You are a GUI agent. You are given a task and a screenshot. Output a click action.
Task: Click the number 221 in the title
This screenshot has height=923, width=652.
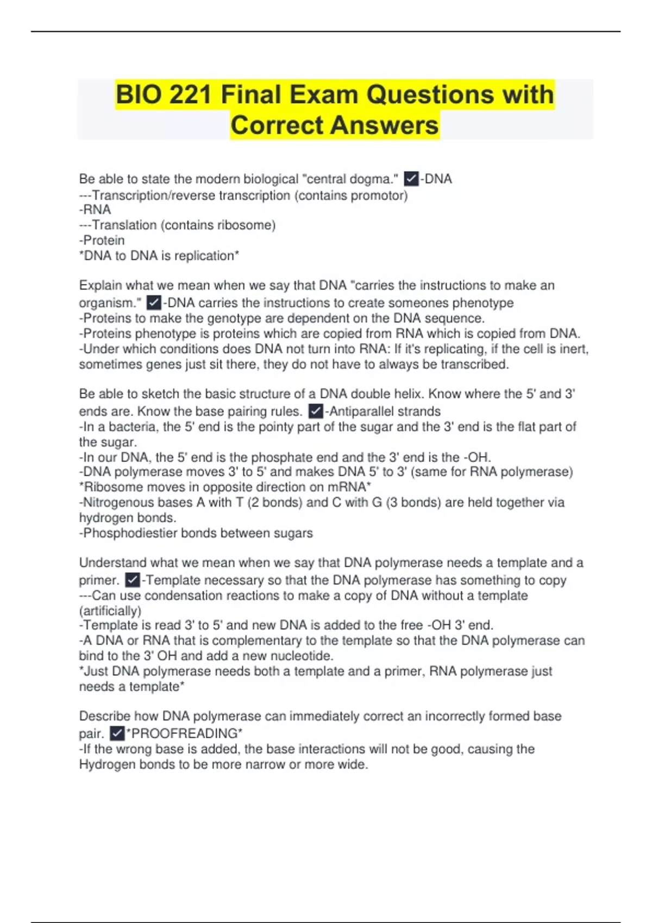click(x=190, y=95)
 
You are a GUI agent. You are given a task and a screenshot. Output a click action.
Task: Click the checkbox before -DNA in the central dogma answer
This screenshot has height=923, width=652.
click(x=411, y=179)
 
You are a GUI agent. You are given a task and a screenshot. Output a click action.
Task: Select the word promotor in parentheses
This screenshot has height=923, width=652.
click(x=378, y=195)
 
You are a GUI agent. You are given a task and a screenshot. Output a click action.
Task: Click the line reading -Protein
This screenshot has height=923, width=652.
click(x=102, y=240)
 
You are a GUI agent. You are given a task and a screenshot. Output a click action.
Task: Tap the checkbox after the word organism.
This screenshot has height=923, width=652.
click(x=154, y=302)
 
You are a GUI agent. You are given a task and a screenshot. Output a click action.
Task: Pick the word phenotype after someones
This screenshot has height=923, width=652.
click(x=483, y=302)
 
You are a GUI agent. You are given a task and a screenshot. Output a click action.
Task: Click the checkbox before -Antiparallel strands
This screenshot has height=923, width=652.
click(x=315, y=411)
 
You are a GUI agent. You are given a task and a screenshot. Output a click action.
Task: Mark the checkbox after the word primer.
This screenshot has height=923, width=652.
click(x=133, y=580)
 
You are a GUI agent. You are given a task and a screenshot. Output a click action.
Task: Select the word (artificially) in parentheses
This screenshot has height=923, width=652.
click(x=110, y=610)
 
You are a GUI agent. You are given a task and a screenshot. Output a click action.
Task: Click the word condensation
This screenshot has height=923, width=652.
click(x=184, y=595)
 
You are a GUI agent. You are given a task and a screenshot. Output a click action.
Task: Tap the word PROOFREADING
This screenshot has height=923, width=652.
click(x=185, y=733)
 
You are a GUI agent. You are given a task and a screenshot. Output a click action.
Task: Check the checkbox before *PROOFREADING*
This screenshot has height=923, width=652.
click(x=117, y=733)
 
